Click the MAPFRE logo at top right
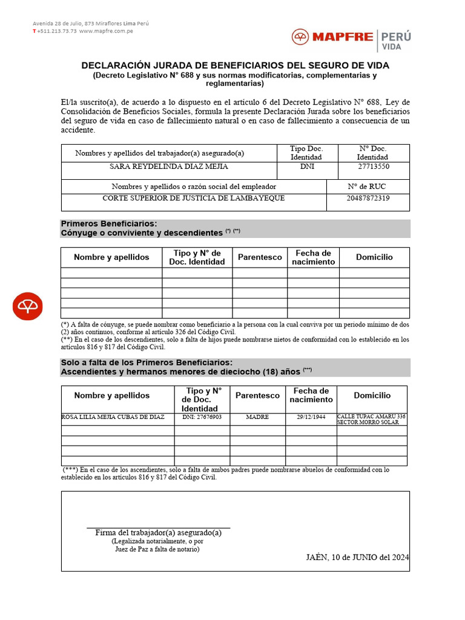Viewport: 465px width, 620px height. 332,38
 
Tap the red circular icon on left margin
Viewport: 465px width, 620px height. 28,306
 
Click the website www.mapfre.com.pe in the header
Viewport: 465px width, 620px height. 106,31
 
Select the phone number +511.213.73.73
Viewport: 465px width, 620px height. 56,31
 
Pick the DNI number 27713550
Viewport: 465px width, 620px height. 374,167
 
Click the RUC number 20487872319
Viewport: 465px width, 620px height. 368,198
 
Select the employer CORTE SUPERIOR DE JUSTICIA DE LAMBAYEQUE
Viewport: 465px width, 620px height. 194,198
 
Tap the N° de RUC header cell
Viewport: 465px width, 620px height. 368,186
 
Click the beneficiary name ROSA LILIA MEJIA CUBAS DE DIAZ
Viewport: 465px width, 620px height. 113,417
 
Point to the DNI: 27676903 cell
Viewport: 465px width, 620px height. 202,417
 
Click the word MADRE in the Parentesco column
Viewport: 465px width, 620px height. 257,417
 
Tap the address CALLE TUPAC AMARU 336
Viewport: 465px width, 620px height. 371,417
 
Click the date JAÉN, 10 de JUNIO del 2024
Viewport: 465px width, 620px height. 358,557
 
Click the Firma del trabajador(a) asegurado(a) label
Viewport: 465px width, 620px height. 159,533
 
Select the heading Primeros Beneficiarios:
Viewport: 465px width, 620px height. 109,224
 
